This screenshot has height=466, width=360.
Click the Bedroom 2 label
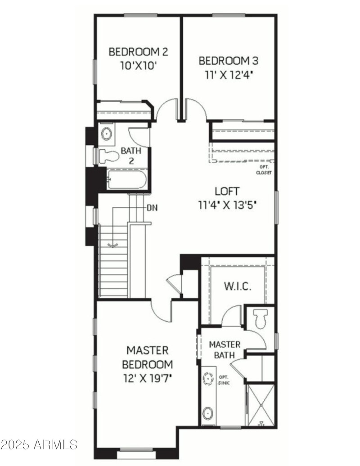coord(138,52)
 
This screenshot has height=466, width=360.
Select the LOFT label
coord(227,191)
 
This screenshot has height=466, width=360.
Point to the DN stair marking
coord(152,208)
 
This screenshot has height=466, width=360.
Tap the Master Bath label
coord(225,349)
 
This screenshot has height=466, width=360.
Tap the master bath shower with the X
coord(261,404)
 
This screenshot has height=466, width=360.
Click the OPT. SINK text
coord(224,380)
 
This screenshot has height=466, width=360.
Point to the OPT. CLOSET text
coord(264,170)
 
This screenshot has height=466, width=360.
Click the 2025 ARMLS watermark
coord(39,445)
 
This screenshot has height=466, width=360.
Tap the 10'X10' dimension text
coord(138,65)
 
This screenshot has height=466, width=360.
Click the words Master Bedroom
coord(147,357)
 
